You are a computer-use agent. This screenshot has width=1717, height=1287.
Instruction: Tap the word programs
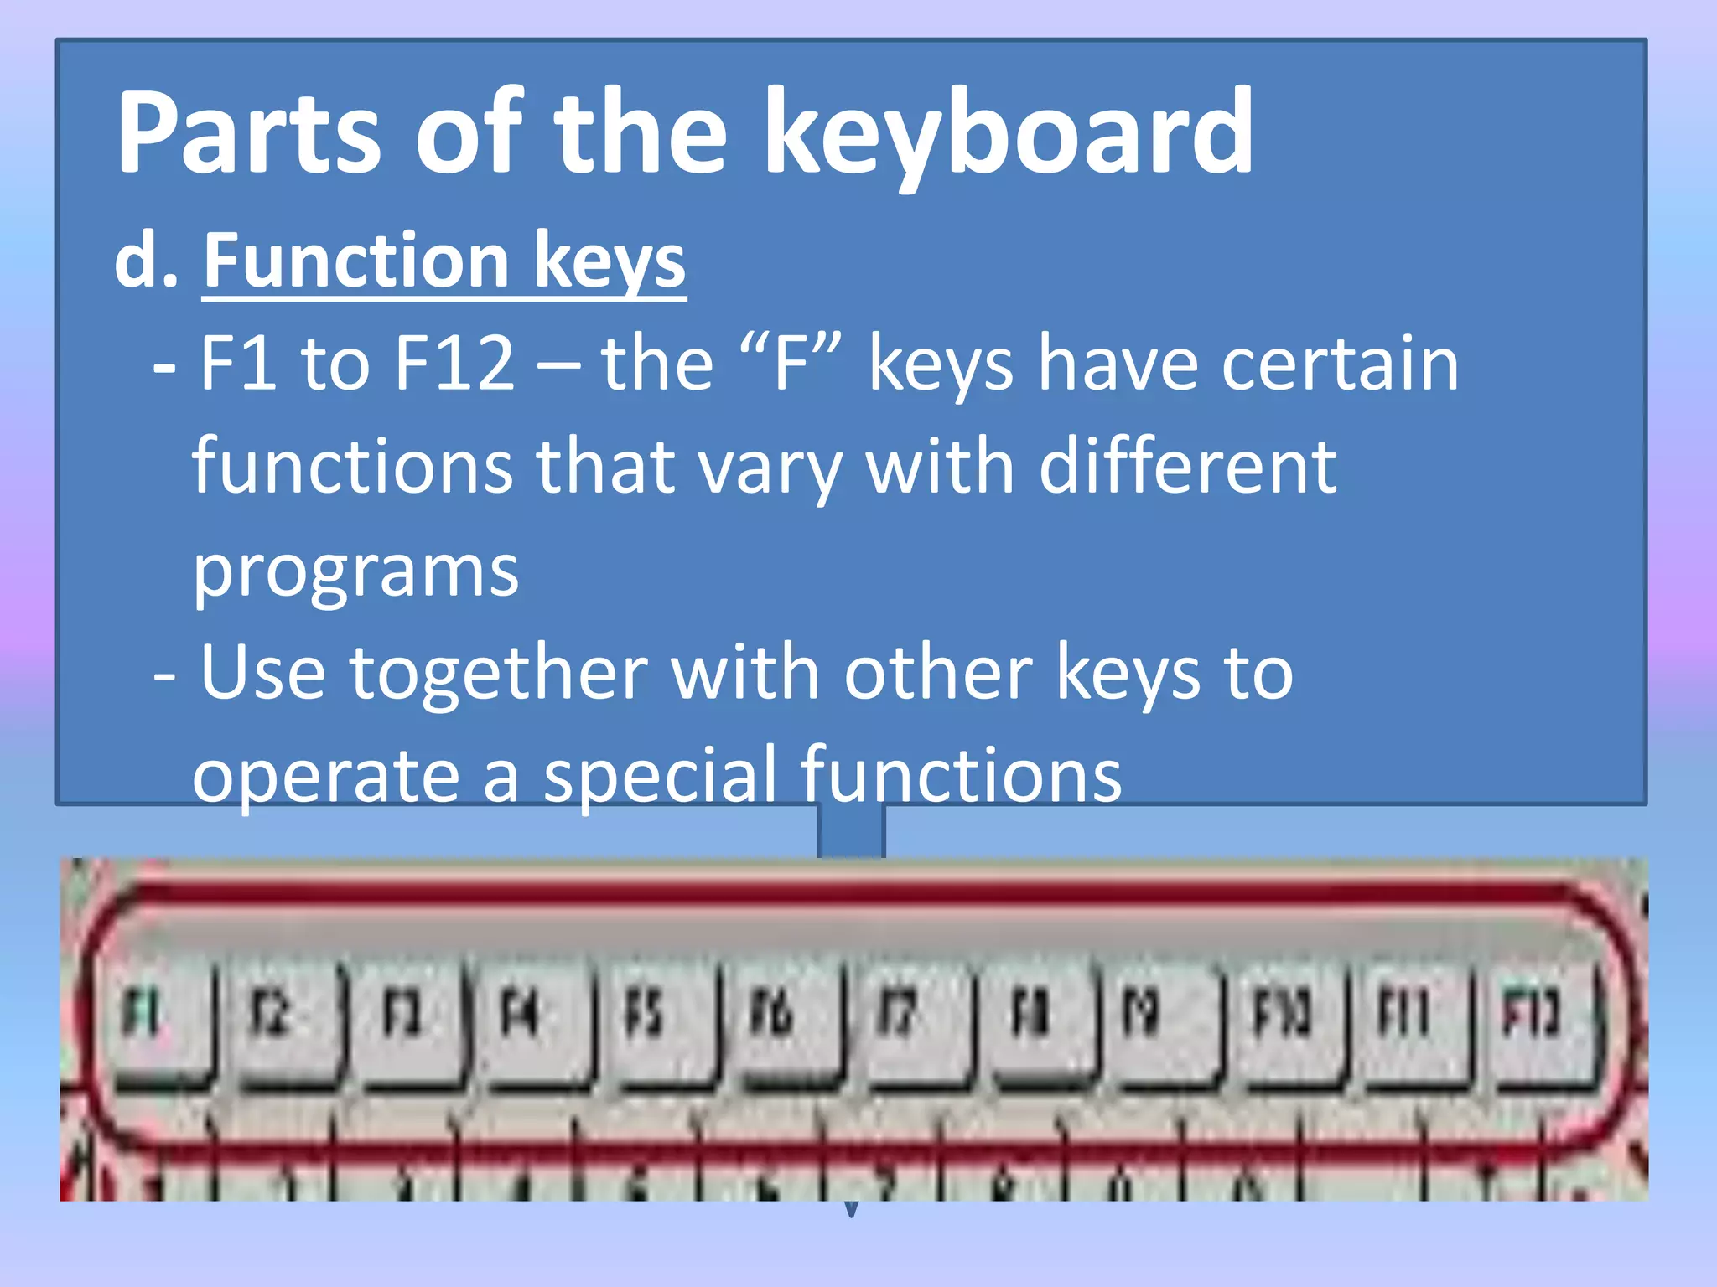[355, 573]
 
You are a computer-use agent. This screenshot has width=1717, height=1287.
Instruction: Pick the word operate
[325, 776]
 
